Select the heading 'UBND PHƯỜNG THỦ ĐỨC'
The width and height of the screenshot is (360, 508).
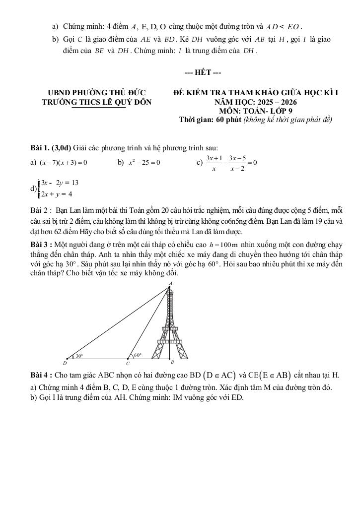[x=96, y=93]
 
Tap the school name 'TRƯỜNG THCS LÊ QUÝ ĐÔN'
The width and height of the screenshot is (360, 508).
[x=97, y=102]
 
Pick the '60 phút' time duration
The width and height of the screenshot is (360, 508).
[x=225, y=120]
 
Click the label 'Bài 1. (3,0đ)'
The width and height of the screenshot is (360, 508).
[x=51, y=147]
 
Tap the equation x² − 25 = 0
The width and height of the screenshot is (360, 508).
[x=144, y=162]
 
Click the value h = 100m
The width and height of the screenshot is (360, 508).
[x=224, y=245]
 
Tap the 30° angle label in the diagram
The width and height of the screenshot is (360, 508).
[x=79, y=356]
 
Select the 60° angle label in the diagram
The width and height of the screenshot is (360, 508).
[x=138, y=355]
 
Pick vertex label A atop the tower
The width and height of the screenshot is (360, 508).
[x=170, y=283]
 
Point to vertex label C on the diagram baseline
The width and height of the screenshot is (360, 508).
[x=127, y=364]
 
